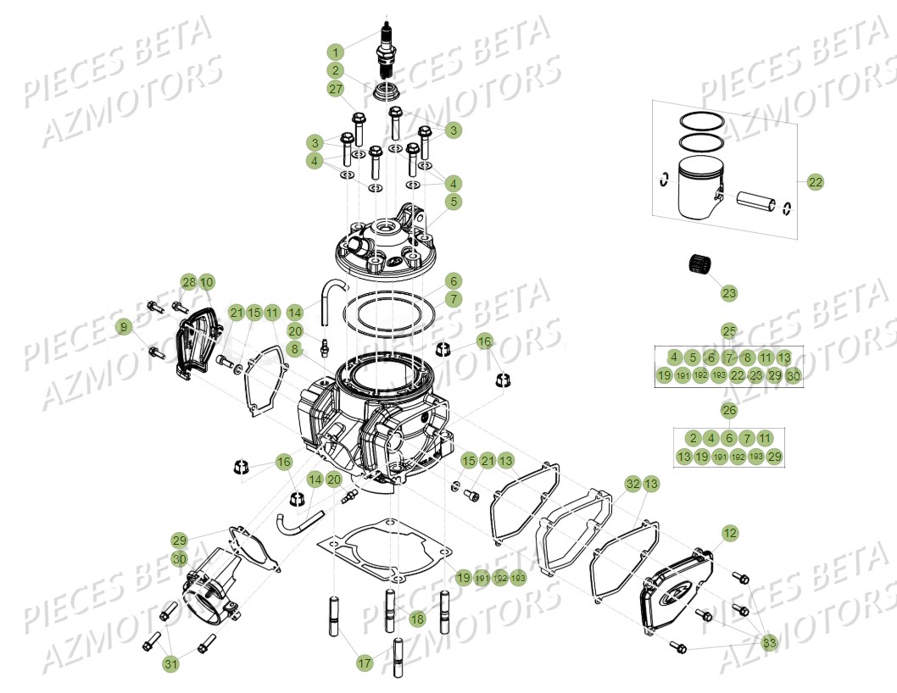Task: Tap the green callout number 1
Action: coord(336,51)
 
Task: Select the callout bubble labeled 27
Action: coord(336,89)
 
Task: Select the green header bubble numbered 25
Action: coord(729,330)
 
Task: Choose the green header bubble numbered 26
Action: coord(729,411)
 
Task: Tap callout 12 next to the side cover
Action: coord(730,533)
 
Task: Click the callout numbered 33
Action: coord(768,641)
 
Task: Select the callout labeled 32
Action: coord(632,484)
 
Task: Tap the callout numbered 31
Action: coord(171,664)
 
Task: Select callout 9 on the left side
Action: coord(125,326)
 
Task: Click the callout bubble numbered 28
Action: coord(188,281)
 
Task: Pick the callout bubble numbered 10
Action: coord(206,281)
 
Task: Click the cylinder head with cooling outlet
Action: coord(386,246)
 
